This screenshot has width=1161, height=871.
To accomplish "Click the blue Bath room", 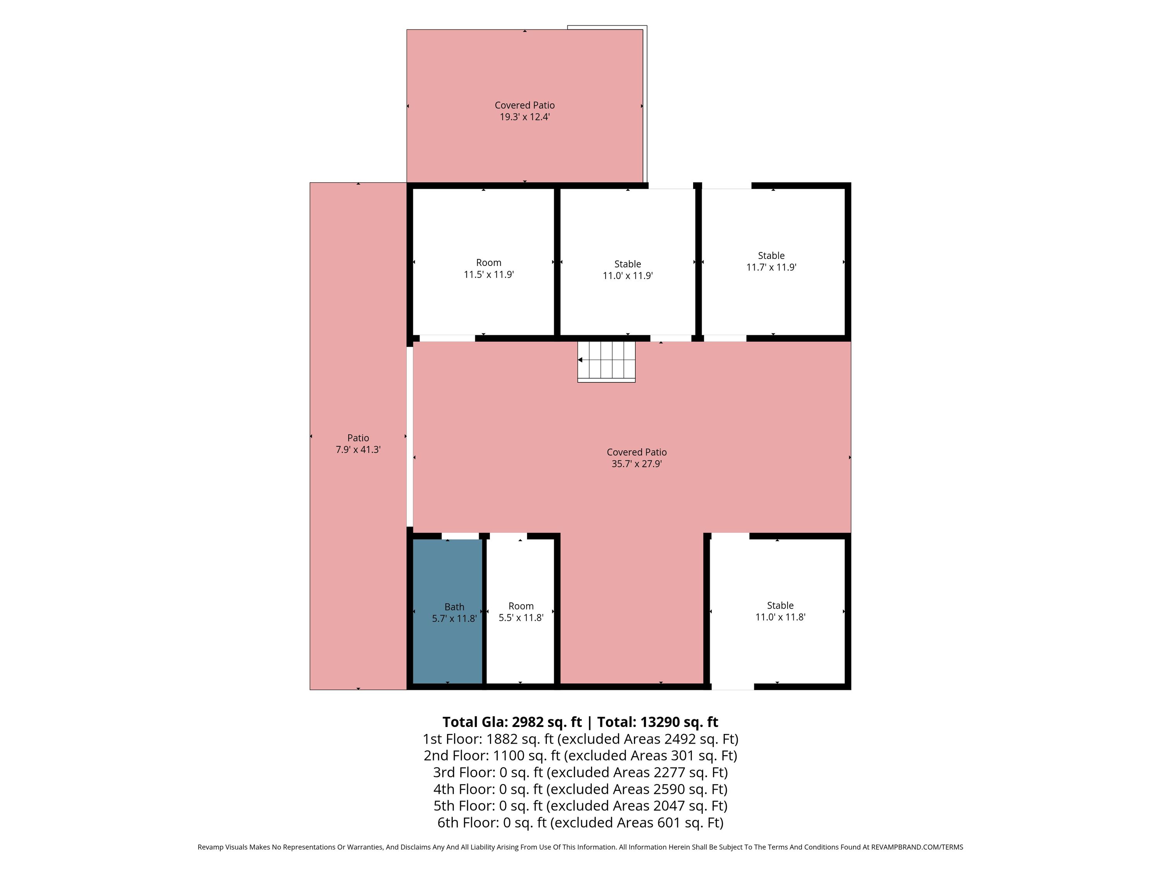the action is pyautogui.click(x=448, y=611).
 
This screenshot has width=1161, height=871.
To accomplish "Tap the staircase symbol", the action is pyautogui.click(x=606, y=362).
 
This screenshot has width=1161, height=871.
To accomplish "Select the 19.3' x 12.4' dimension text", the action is pyautogui.click(x=524, y=117).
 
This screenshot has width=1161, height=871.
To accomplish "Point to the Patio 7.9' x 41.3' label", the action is pyautogui.click(x=358, y=444).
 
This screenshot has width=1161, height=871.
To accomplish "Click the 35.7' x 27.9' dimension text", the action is pyautogui.click(x=637, y=464).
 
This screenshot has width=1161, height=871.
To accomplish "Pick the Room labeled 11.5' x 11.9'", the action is pyautogui.click(x=483, y=261).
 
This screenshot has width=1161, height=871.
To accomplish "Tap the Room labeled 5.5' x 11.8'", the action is pyautogui.click(x=520, y=611).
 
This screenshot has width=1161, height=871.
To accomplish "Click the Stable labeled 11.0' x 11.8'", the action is pyautogui.click(x=777, y=611).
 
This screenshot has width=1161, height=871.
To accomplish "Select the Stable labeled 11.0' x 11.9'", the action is pyautogui.click(x=628, y=261).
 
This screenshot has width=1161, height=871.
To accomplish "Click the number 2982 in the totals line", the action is pyautogui.click(x=528, y=722).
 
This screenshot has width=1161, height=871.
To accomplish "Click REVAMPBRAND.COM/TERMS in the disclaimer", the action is pyautogui.click(x=917, y=847).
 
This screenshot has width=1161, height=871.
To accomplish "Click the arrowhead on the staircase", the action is pyautogui.click(x=580, y=360).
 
